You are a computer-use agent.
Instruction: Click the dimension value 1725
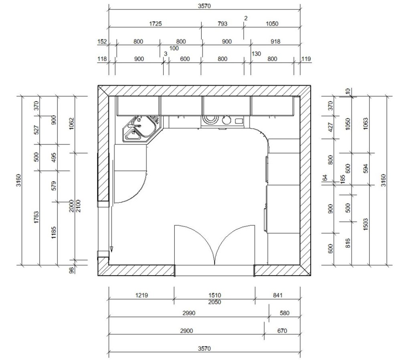(x=156, y=24)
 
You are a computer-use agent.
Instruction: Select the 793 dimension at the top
(x=222, y=24)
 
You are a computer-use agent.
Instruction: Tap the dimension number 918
(x=275, y=41)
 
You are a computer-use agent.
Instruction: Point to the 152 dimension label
(x=102, y=41)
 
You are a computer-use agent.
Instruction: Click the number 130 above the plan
(x=256, y=54)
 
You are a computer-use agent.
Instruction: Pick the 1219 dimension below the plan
(x=141, y=295)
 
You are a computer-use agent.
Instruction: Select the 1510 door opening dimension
(x=215, y=295)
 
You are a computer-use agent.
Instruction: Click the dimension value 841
(x=277, y=295)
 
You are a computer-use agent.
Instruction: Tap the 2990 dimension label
(x=189, y=313)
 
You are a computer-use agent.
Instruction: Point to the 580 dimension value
(x=284, y=313)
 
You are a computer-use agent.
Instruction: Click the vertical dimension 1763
(x=36, y=217)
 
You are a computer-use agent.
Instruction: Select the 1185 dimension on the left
(x=54, y=233)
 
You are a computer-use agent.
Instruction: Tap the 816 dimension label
(x=348, y=243)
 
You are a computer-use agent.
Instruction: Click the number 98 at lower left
(x=71, y=270)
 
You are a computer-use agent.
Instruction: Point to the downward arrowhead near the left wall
(x=111, y=249)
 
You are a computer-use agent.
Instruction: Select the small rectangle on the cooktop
(x=239, y=121)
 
